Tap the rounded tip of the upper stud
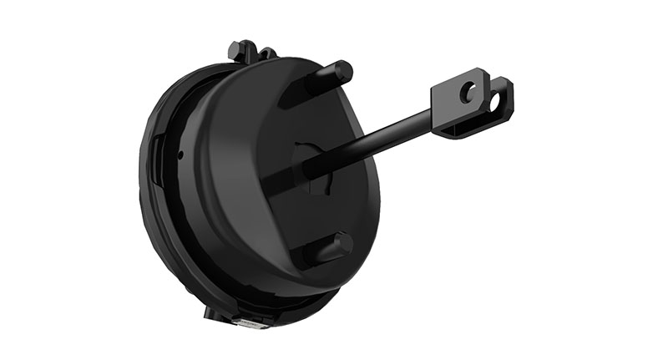[344, 69]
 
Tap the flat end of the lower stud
[344, 245]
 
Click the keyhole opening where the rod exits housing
[310, 167]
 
